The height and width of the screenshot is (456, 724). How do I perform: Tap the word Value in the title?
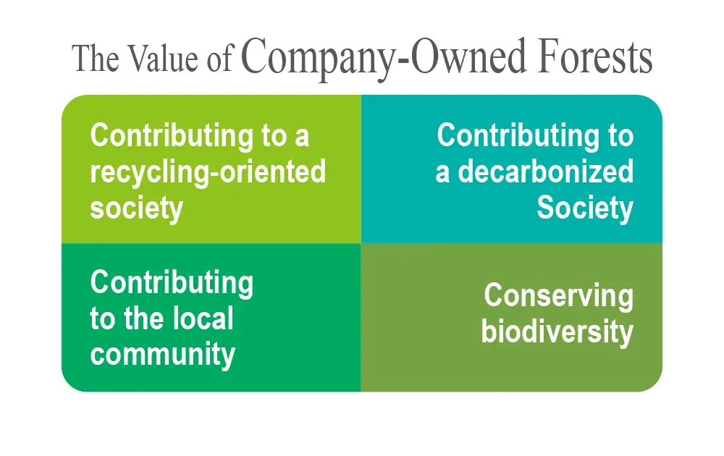pos(163,59)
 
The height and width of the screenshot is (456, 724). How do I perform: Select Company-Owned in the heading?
pos(383,60)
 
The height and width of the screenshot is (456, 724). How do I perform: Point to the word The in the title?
pos(95,59)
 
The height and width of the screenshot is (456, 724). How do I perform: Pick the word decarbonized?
pos(545,172)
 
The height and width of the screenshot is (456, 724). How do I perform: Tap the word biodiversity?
pos(557,333)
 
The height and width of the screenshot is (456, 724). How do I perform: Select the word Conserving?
pos(559,295)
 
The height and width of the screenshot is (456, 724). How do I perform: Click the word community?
pos(162,355)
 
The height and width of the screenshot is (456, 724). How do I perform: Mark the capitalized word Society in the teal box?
pos(585,208)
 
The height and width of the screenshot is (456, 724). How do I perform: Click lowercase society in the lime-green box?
pos(137,208)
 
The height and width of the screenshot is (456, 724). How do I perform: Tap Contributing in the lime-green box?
pos(172,136)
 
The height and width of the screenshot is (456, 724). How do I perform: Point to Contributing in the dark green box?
pos(172,282)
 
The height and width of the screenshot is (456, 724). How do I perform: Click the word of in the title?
pos(219,60)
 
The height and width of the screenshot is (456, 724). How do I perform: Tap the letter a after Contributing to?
pos(301,138)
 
